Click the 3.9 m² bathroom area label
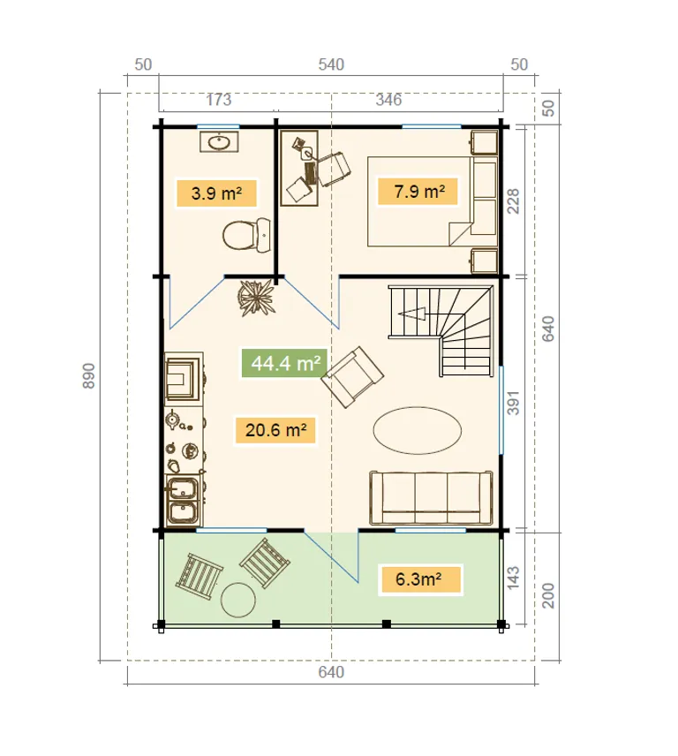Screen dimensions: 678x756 [216, 193]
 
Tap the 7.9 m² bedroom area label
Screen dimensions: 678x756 [418, 192]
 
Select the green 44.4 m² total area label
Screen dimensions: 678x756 [285, 363]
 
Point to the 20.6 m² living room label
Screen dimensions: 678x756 [275, 430]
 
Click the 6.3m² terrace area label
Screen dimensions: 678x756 [420, 579]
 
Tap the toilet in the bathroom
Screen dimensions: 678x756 [246, 235]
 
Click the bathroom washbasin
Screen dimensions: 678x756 [219, 142]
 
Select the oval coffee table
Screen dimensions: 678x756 [418, 431]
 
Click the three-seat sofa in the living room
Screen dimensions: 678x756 [431, 498]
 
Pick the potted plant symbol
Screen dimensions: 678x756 [256, 298]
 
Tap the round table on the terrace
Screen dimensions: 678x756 [238, 600]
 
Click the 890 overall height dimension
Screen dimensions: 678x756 [88, 375]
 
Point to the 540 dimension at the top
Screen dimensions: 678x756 [331, 64]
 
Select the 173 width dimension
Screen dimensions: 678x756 [219, 100]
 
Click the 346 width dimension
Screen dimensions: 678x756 [388, 100]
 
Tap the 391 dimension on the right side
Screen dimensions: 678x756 [514, 403]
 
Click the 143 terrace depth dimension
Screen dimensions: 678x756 [514, 578]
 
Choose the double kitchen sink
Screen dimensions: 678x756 [183, 500]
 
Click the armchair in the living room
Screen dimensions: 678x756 [352, 377]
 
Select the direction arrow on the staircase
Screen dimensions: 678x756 [411, 314]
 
